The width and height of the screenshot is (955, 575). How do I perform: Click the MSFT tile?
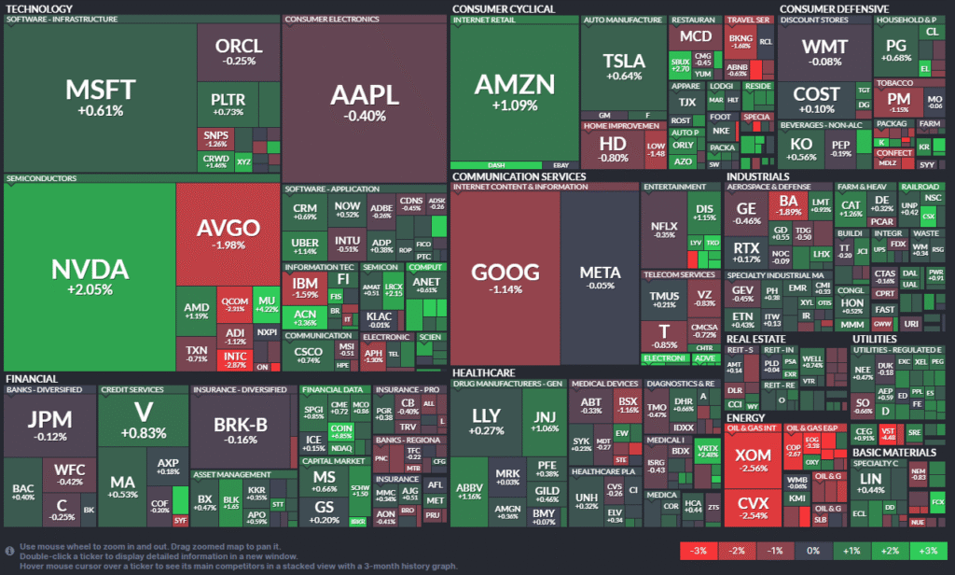point(101,96)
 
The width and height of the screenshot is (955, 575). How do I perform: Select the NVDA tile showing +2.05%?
point(90,275)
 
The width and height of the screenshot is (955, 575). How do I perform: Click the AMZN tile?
point(514,91)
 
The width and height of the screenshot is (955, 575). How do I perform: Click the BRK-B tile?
point(241,429)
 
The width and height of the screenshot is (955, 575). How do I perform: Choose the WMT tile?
point(824,51)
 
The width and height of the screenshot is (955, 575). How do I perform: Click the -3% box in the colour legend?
point(698,551)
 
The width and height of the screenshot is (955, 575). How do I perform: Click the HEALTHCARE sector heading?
point(483,372)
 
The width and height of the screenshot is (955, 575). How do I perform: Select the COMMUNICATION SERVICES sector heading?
point(519,175)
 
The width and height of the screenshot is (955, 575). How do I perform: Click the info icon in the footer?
point(9,551)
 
